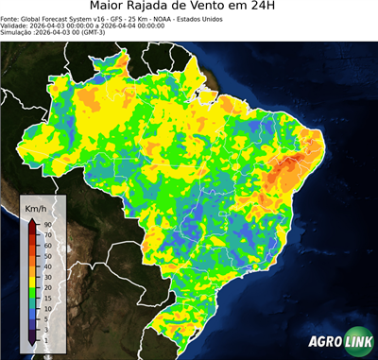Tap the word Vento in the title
(236, 9)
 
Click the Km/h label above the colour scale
(36, 208)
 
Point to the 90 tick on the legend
(46, 224)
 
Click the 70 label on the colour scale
(46, 235)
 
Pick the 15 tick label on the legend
(46, 298)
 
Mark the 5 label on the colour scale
(45, 318)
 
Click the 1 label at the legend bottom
(45, 339)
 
